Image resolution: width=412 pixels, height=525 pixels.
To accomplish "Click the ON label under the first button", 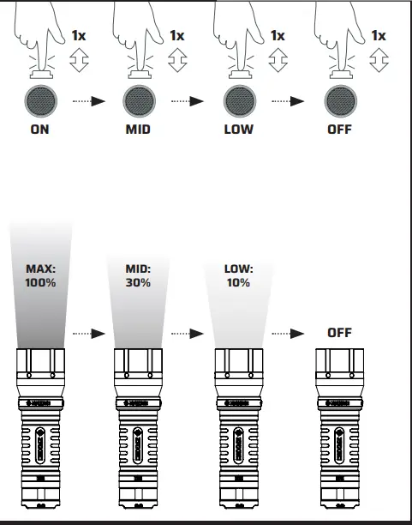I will coord(40,132).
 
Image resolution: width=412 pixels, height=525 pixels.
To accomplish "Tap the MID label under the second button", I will coord(140,132).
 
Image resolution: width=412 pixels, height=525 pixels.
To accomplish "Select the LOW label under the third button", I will coord(239,132).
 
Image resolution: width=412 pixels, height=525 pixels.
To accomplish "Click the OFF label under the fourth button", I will coord(339,132).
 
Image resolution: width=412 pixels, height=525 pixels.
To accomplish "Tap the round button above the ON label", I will coord(40,100).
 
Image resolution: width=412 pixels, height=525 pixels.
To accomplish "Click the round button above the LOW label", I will coord(239,100).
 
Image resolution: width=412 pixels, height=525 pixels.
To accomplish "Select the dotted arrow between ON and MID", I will coord(88,101).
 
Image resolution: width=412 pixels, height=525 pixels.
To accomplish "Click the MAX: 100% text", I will coord(40,275).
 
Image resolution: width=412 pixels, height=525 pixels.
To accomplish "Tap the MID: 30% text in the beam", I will coord(140,275).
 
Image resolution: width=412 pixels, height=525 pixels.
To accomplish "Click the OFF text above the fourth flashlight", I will coord(339,332).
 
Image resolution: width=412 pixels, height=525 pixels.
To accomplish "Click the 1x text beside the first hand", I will coord(78,36).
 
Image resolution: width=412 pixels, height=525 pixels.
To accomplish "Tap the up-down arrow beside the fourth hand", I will coord(378,61).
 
